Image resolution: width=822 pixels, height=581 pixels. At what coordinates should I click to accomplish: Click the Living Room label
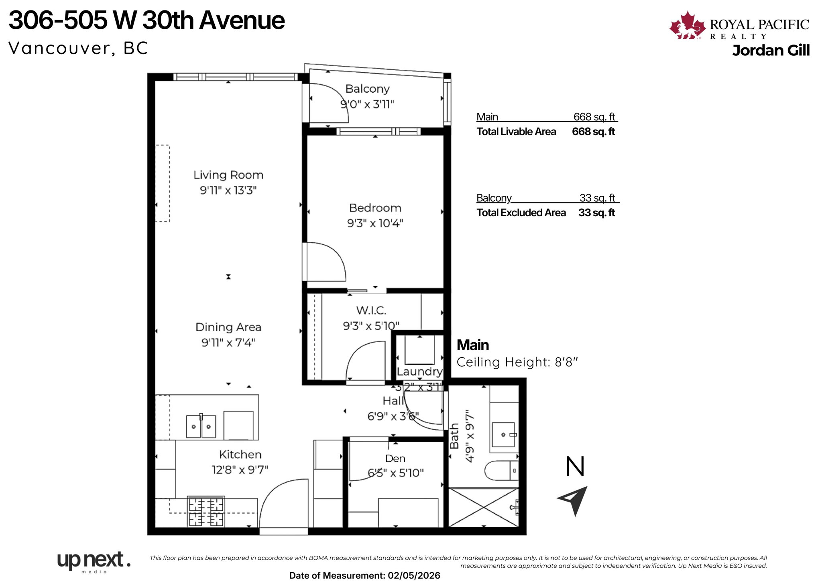[x=228, y=175]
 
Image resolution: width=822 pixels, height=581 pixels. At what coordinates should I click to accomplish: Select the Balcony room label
[x=367, y=89]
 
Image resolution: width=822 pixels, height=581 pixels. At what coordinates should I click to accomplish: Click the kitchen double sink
[x=201, y=426]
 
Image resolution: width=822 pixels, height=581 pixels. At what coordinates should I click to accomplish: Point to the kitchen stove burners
[x=206, y=511]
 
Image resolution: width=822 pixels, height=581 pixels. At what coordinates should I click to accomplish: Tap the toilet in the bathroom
[x=501, y=470]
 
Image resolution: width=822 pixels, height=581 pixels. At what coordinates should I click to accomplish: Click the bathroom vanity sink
[x=503, y=434]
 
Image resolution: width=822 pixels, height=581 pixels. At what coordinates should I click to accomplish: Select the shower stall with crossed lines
[x=483, y=507]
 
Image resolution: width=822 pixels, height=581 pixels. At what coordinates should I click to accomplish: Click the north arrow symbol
[x=574, y=500]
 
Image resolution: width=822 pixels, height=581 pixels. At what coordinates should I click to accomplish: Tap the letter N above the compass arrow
[x=575, y=467]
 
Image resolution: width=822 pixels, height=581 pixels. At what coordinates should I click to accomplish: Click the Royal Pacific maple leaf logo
[x=687, y=26]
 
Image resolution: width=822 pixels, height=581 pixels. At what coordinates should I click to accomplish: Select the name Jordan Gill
[x=770, y=51]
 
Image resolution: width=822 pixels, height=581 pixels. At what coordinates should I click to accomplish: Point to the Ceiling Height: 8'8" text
[x=517, y=362]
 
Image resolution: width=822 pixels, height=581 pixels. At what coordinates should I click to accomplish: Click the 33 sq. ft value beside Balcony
[x=597, y=198]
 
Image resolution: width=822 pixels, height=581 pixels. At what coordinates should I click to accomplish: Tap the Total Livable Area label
[x=516, y=132]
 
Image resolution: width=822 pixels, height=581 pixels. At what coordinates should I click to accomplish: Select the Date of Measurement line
[x=364, y=575]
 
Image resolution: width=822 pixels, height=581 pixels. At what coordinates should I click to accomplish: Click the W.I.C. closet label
[x=371, y=310]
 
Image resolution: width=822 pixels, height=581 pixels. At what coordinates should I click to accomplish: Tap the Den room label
[x=395, y=458]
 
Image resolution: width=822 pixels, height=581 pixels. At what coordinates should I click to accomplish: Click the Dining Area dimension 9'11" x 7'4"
[x=228, y=342]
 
